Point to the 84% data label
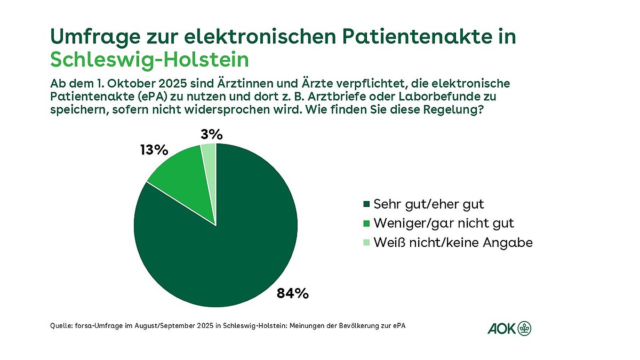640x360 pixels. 292,293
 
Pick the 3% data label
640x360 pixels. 211,134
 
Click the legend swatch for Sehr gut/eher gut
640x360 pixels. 366,204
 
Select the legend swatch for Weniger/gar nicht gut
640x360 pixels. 366,223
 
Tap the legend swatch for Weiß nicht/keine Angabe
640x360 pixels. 366,243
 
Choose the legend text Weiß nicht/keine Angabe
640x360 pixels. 453,243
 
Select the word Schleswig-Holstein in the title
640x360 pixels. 149,60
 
